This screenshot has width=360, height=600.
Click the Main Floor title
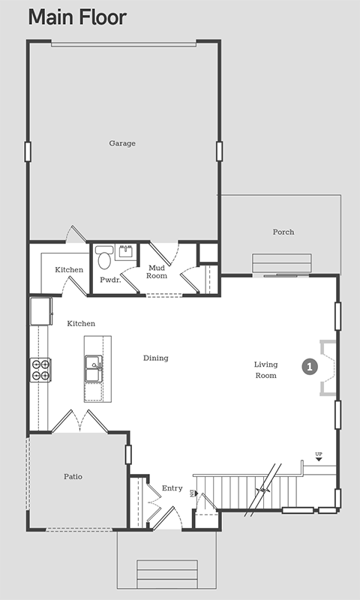point(77,17)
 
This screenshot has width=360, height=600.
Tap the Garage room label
point(122,143)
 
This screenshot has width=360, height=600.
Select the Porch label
point(283,232)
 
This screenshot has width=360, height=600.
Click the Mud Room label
point(157,271)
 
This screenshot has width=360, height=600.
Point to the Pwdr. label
point(110,280)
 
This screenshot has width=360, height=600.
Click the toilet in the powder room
point(103,257)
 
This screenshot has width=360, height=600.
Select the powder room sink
point(126,252)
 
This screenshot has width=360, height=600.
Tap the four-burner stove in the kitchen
point(40,370)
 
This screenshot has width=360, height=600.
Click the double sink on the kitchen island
point(94,369)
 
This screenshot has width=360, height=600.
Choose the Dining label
point(156,358)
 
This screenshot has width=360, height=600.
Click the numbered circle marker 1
point(310,367)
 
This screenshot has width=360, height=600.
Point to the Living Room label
point(266,370)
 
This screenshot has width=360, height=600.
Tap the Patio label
point(73,477)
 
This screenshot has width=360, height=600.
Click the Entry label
point(172,488)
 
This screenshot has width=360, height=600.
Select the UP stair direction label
point(319,454)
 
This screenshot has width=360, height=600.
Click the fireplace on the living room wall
point(328,367)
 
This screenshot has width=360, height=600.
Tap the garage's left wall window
point(28,151)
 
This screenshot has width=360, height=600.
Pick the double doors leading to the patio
point(79,421)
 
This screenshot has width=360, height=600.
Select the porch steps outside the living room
point(281,264)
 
